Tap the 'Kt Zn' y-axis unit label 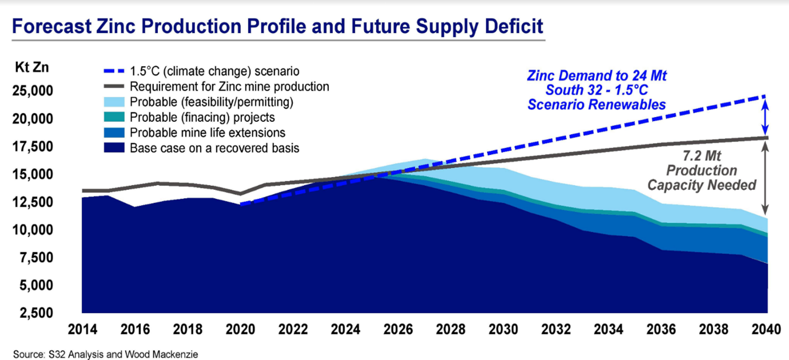click(x=31, y=67)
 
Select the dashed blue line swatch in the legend click(x=114, y=72)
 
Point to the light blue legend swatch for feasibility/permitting click(x=114, y=102)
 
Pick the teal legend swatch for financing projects click(x=114, y=117)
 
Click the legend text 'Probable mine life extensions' click(x=207, y=133)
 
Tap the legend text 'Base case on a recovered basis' click(x=215, y=148)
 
